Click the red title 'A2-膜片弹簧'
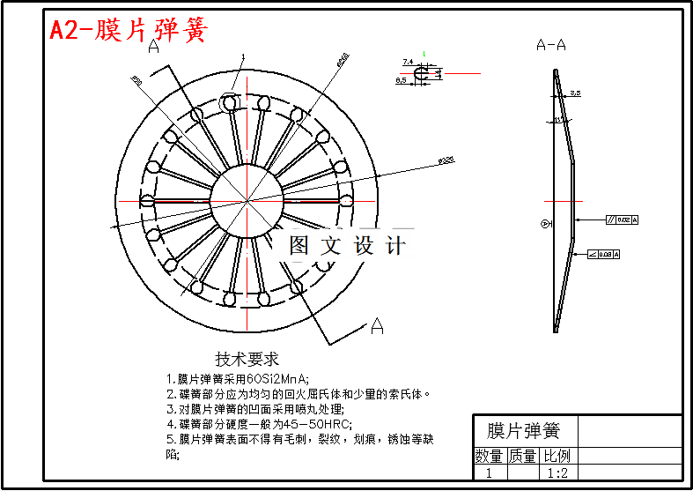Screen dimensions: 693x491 129,31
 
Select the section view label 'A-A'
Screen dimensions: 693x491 551,45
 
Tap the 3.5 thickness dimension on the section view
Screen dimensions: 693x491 575,92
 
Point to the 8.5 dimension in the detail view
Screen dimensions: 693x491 402,80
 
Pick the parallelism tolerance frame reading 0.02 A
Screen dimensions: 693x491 622,219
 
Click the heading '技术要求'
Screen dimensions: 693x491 247,359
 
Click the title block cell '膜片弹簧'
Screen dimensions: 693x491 524,431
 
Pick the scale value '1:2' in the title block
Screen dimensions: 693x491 557,473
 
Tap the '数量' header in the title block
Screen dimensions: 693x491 490,456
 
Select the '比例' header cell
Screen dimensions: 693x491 557,456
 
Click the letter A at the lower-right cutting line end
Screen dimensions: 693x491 377,326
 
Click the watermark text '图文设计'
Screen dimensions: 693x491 348,246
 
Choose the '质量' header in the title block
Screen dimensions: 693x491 523,456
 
